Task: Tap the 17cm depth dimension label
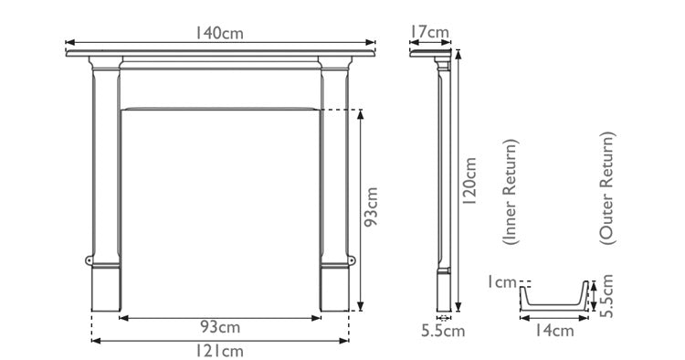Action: point(428,33)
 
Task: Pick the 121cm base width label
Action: point(220,350)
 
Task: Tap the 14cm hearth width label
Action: point(554,331)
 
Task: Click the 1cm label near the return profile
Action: point(501,283)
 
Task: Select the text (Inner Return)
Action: point(511,192)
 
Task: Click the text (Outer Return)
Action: point(607,186)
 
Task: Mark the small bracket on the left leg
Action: point(90,261)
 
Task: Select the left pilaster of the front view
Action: point(106,164)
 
